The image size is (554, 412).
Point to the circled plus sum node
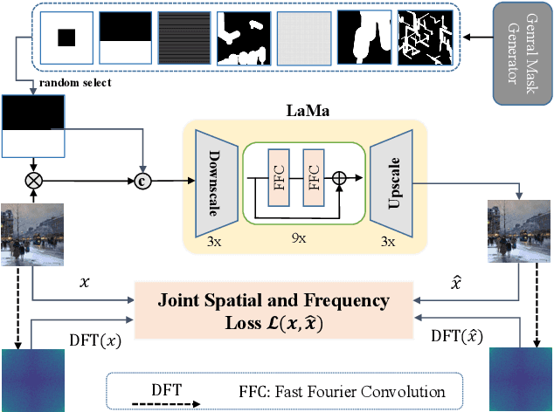(x=341, y=178)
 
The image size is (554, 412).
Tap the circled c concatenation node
(x=143, y=182)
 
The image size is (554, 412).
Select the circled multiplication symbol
(x=33, y=182)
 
